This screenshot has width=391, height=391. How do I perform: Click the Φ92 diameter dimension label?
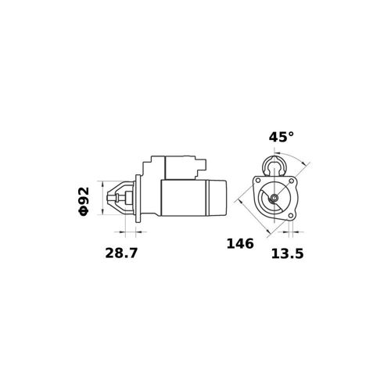[84, 201]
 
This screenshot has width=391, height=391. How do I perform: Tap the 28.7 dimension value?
[121, 253]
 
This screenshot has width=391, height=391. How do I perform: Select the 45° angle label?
[281, 137]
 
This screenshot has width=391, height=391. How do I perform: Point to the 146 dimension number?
[240, 244]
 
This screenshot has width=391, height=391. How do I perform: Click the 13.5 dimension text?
[288, 253]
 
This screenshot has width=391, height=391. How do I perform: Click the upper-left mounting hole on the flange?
[258, 181]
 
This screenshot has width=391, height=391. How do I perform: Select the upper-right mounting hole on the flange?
[292, 181]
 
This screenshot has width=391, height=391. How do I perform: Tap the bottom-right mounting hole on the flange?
[291, 215]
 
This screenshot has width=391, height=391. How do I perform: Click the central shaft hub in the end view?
[274, 198]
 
